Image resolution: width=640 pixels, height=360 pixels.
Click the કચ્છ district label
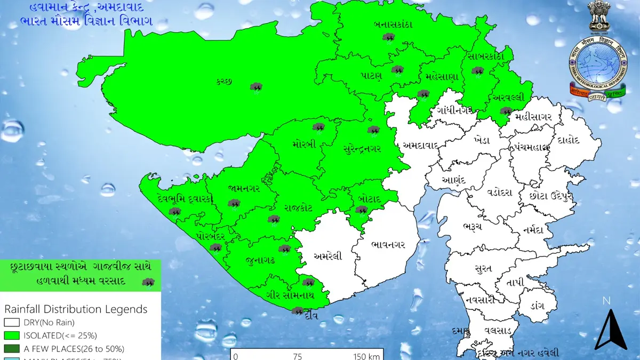(224, 81)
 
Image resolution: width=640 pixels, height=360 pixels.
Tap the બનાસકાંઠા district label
(393, 25)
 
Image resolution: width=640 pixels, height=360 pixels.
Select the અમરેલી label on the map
(327, 255)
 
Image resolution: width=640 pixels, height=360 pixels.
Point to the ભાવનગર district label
(388, 244)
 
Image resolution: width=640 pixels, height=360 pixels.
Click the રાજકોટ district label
(298, 207)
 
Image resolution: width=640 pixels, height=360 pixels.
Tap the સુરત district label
(483, 268)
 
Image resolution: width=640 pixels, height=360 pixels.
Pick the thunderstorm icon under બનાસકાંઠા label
(389, 38)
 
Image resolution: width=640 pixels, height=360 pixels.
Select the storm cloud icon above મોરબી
(319, 127)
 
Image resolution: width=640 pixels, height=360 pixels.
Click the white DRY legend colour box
(12, 322)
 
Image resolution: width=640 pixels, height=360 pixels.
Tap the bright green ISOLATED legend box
(12, 335)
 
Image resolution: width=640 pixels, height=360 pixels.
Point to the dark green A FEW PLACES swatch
(12, 349)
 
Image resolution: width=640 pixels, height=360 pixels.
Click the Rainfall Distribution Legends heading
(76, 309)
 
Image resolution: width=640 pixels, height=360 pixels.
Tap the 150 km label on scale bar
(366, 356)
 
